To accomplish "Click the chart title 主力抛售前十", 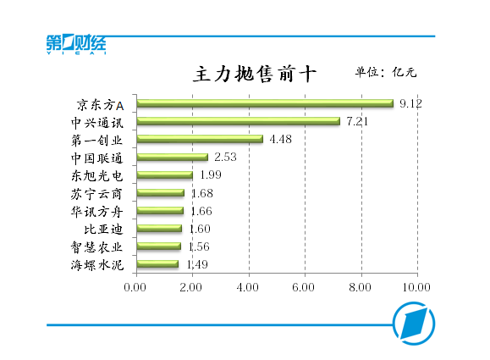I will click(256, 74).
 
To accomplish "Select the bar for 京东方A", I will click(264, 104).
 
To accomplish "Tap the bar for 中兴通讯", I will click(238, 122).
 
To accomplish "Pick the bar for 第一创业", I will click(200, 140).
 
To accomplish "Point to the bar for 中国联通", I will click(172, 158).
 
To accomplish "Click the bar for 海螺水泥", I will click(157, 264).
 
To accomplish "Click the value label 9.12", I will click(411, 103).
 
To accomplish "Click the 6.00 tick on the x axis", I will click(305, 287).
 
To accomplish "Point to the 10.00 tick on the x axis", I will click(416, 287).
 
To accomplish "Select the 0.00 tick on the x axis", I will click(135, 287).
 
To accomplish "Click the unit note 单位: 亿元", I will click(385, 72).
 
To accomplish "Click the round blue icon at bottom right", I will click(414, 324).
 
